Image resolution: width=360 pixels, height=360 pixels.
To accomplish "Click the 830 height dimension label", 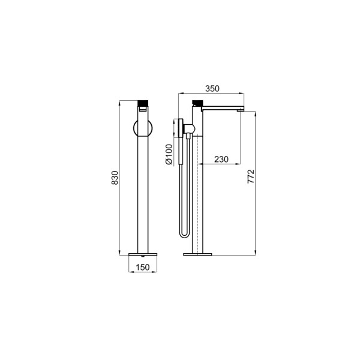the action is pyautogui.click(x=115, y=178).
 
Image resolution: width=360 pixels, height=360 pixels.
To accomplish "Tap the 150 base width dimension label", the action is pyautogui.click(x=143, y=267).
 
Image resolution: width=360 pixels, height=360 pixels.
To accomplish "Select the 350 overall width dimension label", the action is pyautogui.click(x=212, y=89).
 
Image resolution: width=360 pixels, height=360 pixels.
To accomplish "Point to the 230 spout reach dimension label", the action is pyautogui.click(x=221, y=159).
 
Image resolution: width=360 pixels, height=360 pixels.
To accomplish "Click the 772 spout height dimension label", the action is pyautogui.click(x=251, y=176).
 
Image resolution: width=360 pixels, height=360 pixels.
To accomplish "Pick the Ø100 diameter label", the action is pyautogui.click(x=169, y=154).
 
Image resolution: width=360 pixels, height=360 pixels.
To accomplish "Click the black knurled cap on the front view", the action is pyautogui.click(x=143, y=103).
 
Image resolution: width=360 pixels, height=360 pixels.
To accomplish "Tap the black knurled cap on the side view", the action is pyautogui.click(x=197, y=103).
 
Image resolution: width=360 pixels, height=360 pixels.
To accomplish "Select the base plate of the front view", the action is pyautogui.click(x=143, y=254).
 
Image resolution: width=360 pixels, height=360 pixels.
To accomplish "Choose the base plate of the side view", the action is pyautogui.click(x=197, y=254).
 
